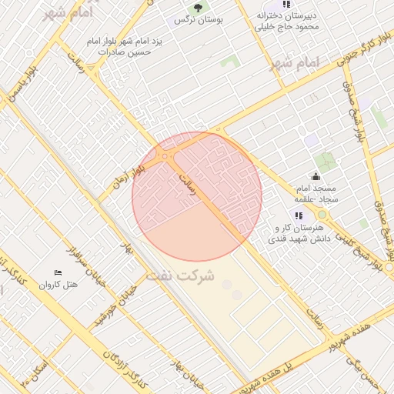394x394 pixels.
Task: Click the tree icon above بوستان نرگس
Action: pyautogui.click(x=198, y=8)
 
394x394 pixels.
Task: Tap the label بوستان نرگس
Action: pyautogui.click(x=199, y=21)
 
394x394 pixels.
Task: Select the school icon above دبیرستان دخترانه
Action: pyautogui.click(x=286, y=4)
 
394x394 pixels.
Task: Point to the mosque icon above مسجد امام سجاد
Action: pyautogui.click(x=315, y=176)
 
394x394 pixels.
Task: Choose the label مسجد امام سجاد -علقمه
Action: pyautogui.click(x=315, y=195)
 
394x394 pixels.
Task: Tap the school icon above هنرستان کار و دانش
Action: pyautogui.click(x=299, y=215)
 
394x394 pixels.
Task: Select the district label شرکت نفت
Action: pyautogui.click(x=183, y=275)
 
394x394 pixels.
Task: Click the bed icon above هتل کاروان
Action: pyautogui.click(x=58, y=273)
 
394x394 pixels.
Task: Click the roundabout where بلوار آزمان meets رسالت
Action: pyautogui.click(x=166, y=156)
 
